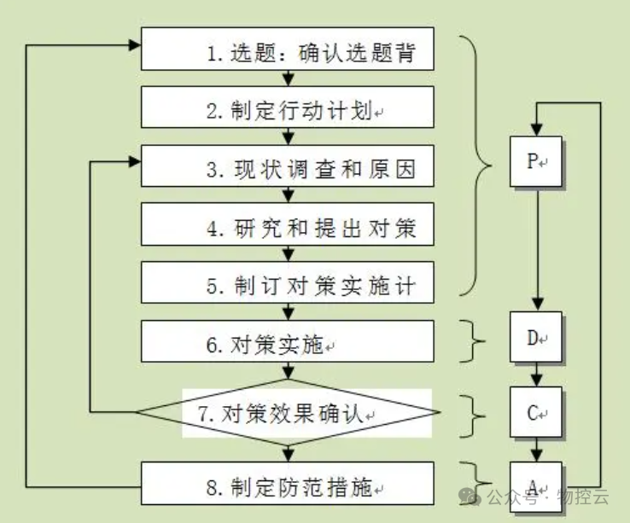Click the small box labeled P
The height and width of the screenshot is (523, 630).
point(536,162)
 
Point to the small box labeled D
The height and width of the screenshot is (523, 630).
point(536,338)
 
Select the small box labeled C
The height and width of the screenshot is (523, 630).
point(536,414)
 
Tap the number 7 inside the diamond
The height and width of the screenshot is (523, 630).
point(205,415)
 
